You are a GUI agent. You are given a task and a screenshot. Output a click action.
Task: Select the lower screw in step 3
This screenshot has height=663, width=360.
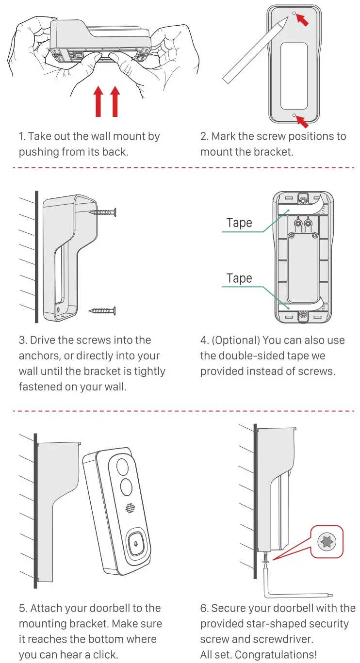point(103,310)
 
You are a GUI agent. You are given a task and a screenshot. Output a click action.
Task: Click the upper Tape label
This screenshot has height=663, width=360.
point(239,223)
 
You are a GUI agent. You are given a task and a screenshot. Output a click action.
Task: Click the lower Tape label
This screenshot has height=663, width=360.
point(239,278)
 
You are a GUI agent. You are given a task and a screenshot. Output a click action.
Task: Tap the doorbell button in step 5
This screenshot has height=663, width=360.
point(137,545)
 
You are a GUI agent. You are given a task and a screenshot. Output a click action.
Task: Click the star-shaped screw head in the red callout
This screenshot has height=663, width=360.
point(326,542)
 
